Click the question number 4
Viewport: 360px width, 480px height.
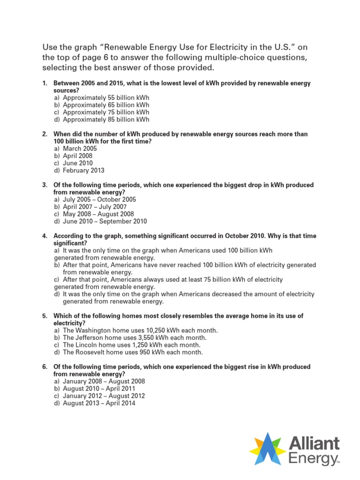pyautogui.click(x=45, y=236)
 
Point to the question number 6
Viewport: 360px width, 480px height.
pyautogui.click(x=45, y=367)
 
